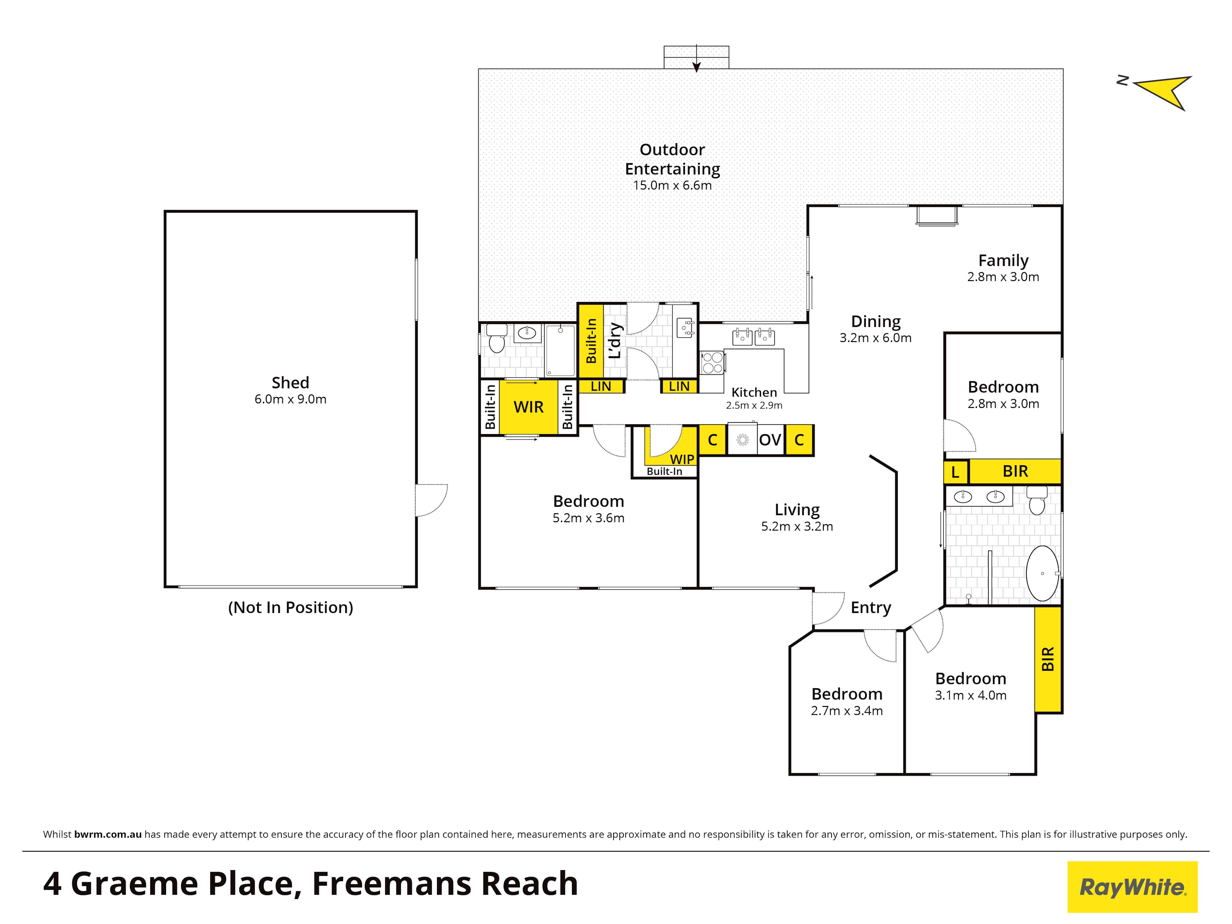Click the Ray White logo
1132,887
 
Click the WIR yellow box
529,407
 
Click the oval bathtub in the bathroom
1042,573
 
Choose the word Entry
871,608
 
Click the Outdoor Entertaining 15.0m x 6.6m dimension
672,185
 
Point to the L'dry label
615,340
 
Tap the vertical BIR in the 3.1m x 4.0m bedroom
1048,659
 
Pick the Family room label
1003,260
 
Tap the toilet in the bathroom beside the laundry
496,338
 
